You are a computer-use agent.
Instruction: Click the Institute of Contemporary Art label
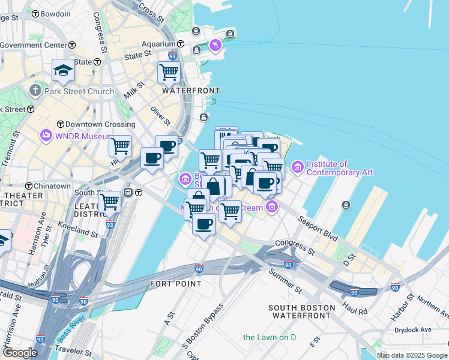[x=340, y=168]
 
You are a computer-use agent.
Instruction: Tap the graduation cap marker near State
[x=63, y=70]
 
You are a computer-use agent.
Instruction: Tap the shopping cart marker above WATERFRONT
[x=169, y=72]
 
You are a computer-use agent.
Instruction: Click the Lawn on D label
[x=270, y=338]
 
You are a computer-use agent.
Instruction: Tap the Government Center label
[x=33, y=45]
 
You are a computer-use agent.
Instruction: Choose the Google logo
[x=20, y=352]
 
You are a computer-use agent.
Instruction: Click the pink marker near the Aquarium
[x=215, y=45]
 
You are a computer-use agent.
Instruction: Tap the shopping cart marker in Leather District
[x=109, y=203]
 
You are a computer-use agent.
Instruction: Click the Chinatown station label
[x=52, y=186]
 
